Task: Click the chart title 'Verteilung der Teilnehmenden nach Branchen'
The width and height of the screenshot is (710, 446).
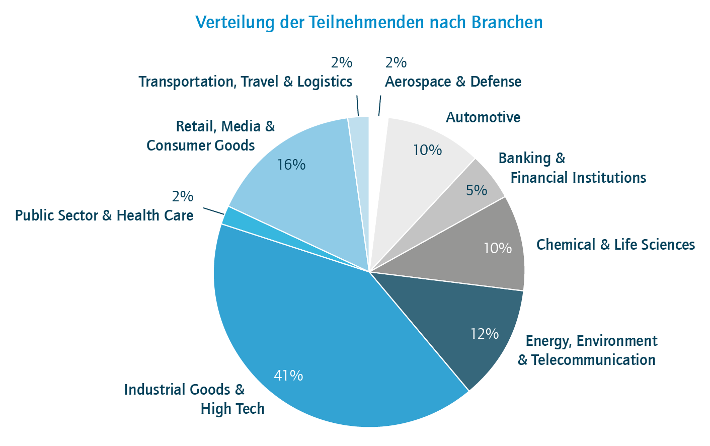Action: click(x=369, y=23)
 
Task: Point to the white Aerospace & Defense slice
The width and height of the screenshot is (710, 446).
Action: click(x=377, y=151)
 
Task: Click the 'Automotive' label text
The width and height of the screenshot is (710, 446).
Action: click(x=483, y=117)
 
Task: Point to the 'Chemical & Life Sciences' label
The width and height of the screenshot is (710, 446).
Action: click(x=615, y=245)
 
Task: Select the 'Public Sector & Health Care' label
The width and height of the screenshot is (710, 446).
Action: click(x=104, y=215)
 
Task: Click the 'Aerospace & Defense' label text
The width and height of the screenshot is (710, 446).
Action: click(x=453, y=82)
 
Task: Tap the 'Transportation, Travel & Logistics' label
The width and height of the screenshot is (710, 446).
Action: click(x=245, y=82)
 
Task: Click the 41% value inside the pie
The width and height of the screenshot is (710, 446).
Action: click(x=288, y=376)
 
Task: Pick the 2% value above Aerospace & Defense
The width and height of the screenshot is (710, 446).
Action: click(x=396, y=62)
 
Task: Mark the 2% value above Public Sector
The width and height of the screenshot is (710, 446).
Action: click(x=182, y=196)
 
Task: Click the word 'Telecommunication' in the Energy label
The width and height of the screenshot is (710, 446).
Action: click(x=593, y=360)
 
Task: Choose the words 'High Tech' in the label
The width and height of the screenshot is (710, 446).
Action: click(x=232, y=409)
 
